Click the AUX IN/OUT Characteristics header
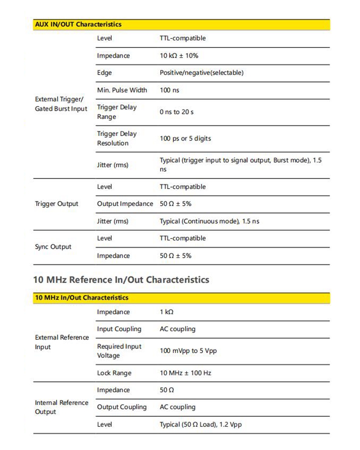coord(78,24)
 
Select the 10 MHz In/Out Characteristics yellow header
coord(82,298)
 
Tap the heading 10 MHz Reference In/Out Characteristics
coord(121,279)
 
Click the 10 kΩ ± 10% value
coord(179,56)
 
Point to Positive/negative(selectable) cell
coord(202,73)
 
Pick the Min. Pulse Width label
coord(122,90)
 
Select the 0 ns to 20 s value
coord(177,112)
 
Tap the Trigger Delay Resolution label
coord(117,139)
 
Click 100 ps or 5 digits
coord(185,139)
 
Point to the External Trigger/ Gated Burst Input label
coord(61,104)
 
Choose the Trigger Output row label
coord(57,204)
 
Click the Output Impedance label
coord(125,204)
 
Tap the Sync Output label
coord(53,247)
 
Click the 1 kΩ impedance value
coord(167,312)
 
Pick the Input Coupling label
coord(119,329)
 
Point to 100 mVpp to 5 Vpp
coord(188,351)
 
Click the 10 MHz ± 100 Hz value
coord(185,373)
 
